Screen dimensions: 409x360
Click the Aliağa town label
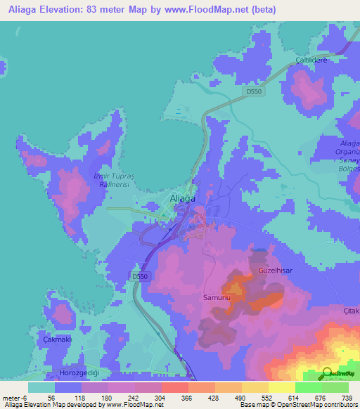pyautogui.click(x=182, y=200)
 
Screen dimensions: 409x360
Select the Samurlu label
pyautogui.click(x=217, y=299)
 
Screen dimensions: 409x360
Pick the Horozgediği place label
pyautogui.click(x=78, y=372)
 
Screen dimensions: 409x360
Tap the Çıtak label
pyautogui.click(x=351, y=311)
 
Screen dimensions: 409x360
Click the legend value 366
pyautogui.click(x=186, y=398)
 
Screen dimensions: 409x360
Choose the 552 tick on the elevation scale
pyautogui.click(x=266, y=398)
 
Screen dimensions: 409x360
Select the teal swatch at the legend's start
pyautogui.click(x=41, y=387)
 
